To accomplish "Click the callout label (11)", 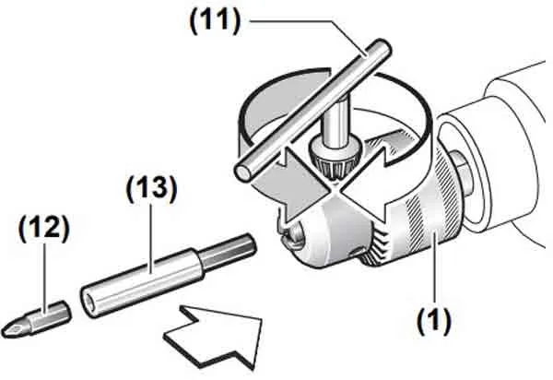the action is click(x=215, y=21).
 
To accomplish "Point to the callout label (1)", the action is click(x=434, y=320).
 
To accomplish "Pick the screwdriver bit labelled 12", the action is click(x=36, y=319).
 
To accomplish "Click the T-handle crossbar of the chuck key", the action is click(x=313, y=110).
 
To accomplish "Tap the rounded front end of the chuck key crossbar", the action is click(x=244, y=171).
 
